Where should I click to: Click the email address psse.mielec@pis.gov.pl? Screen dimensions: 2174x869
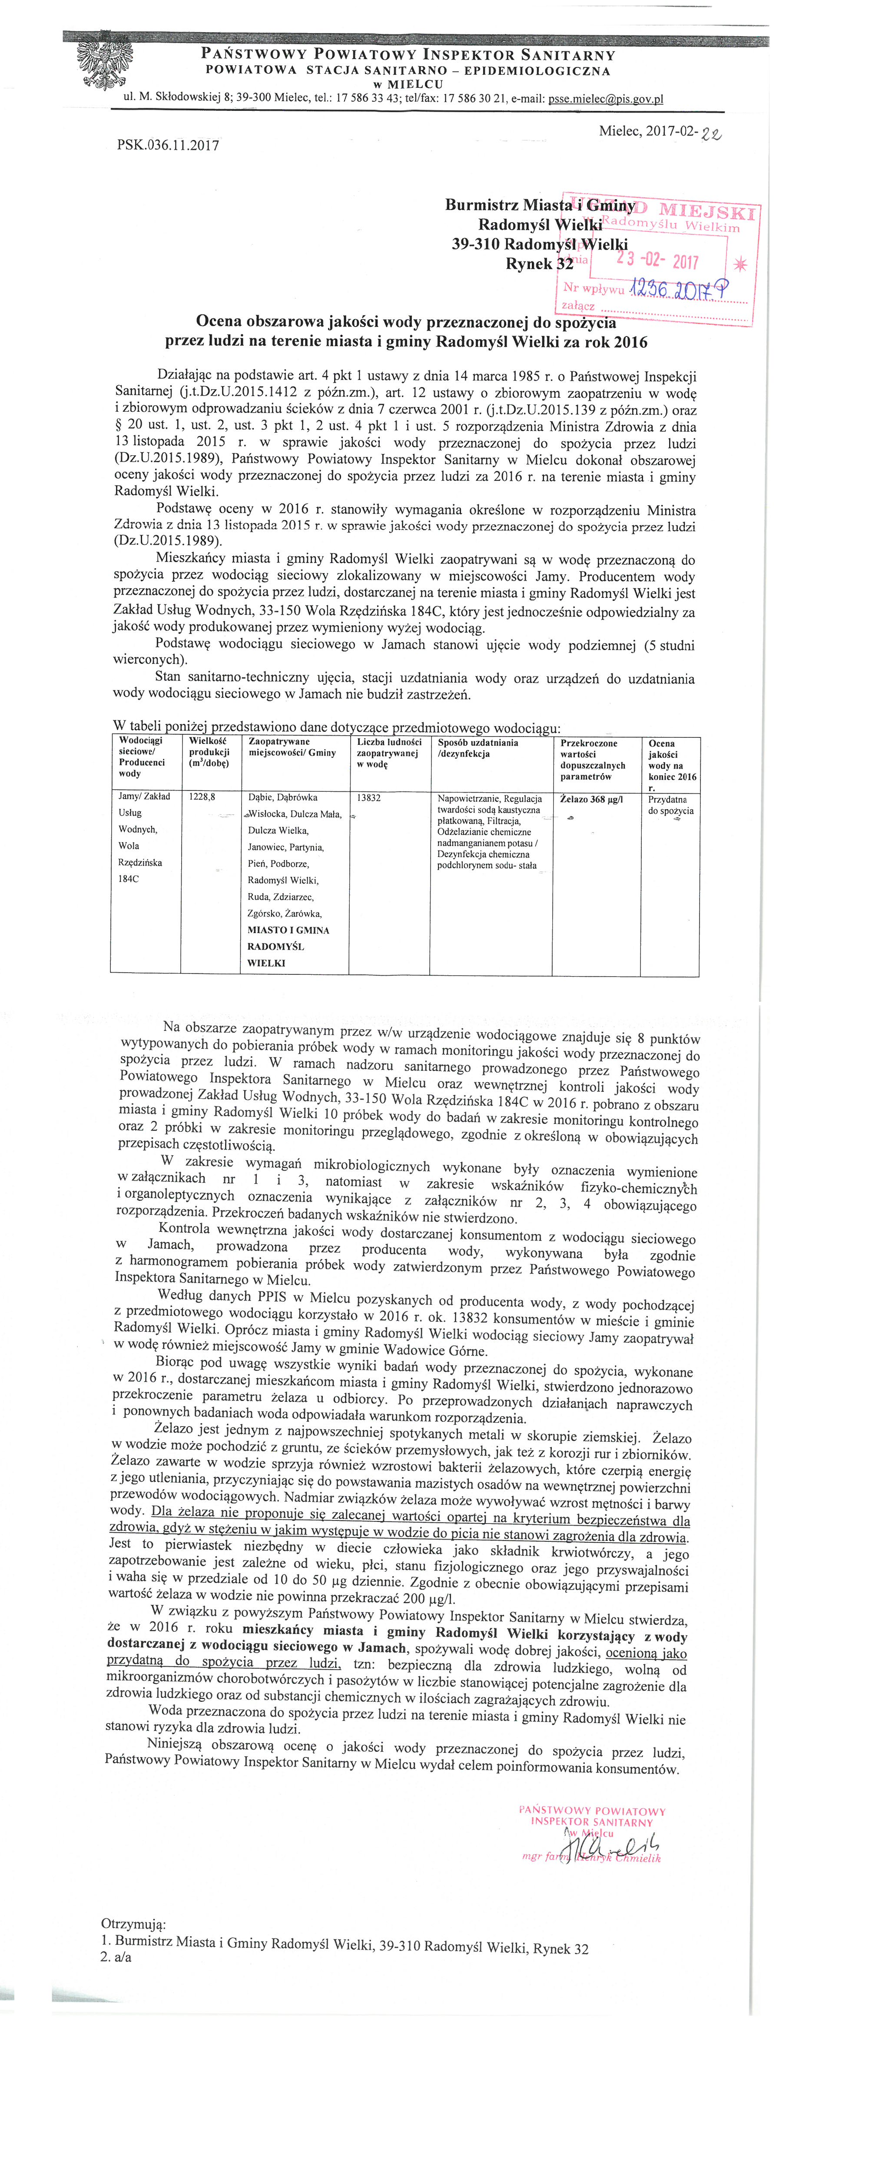[606, 99]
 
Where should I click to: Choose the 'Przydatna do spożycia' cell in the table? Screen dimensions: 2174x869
[671, 804]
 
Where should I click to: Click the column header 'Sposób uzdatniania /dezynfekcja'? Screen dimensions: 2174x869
[478, 748]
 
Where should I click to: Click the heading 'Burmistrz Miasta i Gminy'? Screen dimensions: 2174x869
[540, 205]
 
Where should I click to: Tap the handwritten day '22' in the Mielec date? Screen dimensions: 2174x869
[711, 133]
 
